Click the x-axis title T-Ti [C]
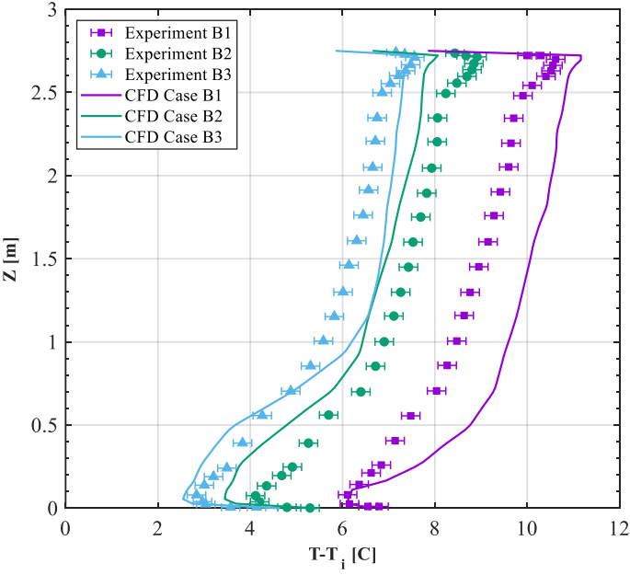click(342, 557)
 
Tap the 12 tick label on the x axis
click(620, 530)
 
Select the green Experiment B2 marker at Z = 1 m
click(384, 341)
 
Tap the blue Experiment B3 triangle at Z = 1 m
click(323, 340)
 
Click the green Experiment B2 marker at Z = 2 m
click(431, 167)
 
